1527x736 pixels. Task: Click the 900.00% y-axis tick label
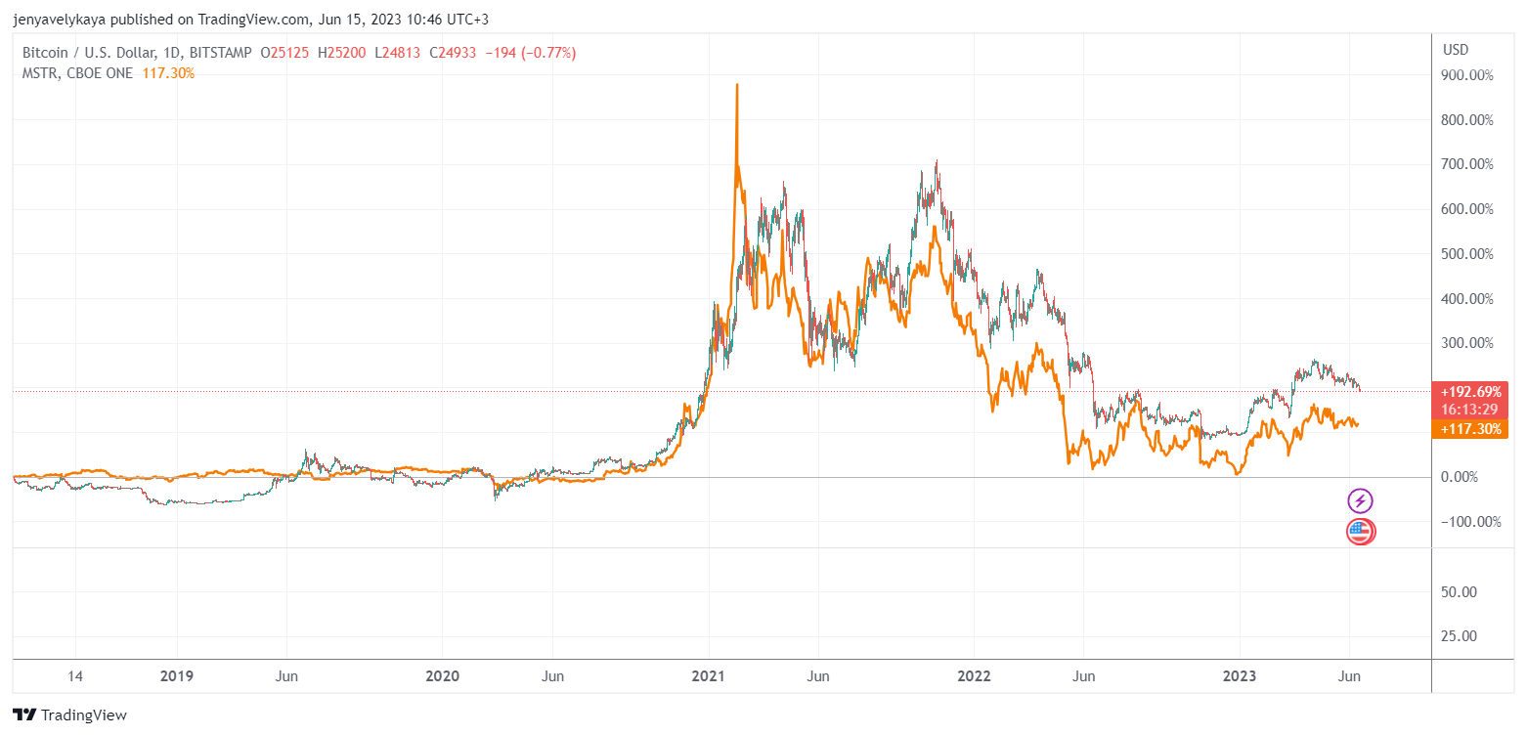click(1467, 75)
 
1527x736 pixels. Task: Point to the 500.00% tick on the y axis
click(1467, 254)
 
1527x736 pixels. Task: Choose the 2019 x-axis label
click(177, 676)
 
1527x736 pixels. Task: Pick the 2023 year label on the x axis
click(1240, 676)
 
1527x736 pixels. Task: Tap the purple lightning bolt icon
click(1361, 501)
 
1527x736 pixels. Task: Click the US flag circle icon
click(1361, 532)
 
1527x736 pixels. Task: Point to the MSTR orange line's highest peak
click(736, 85)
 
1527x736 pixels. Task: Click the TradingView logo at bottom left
click(69, 714)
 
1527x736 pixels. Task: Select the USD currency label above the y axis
click(1456, 50)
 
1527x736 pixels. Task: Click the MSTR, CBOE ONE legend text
click(77, 73)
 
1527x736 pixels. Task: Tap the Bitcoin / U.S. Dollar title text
click(83, 53)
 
